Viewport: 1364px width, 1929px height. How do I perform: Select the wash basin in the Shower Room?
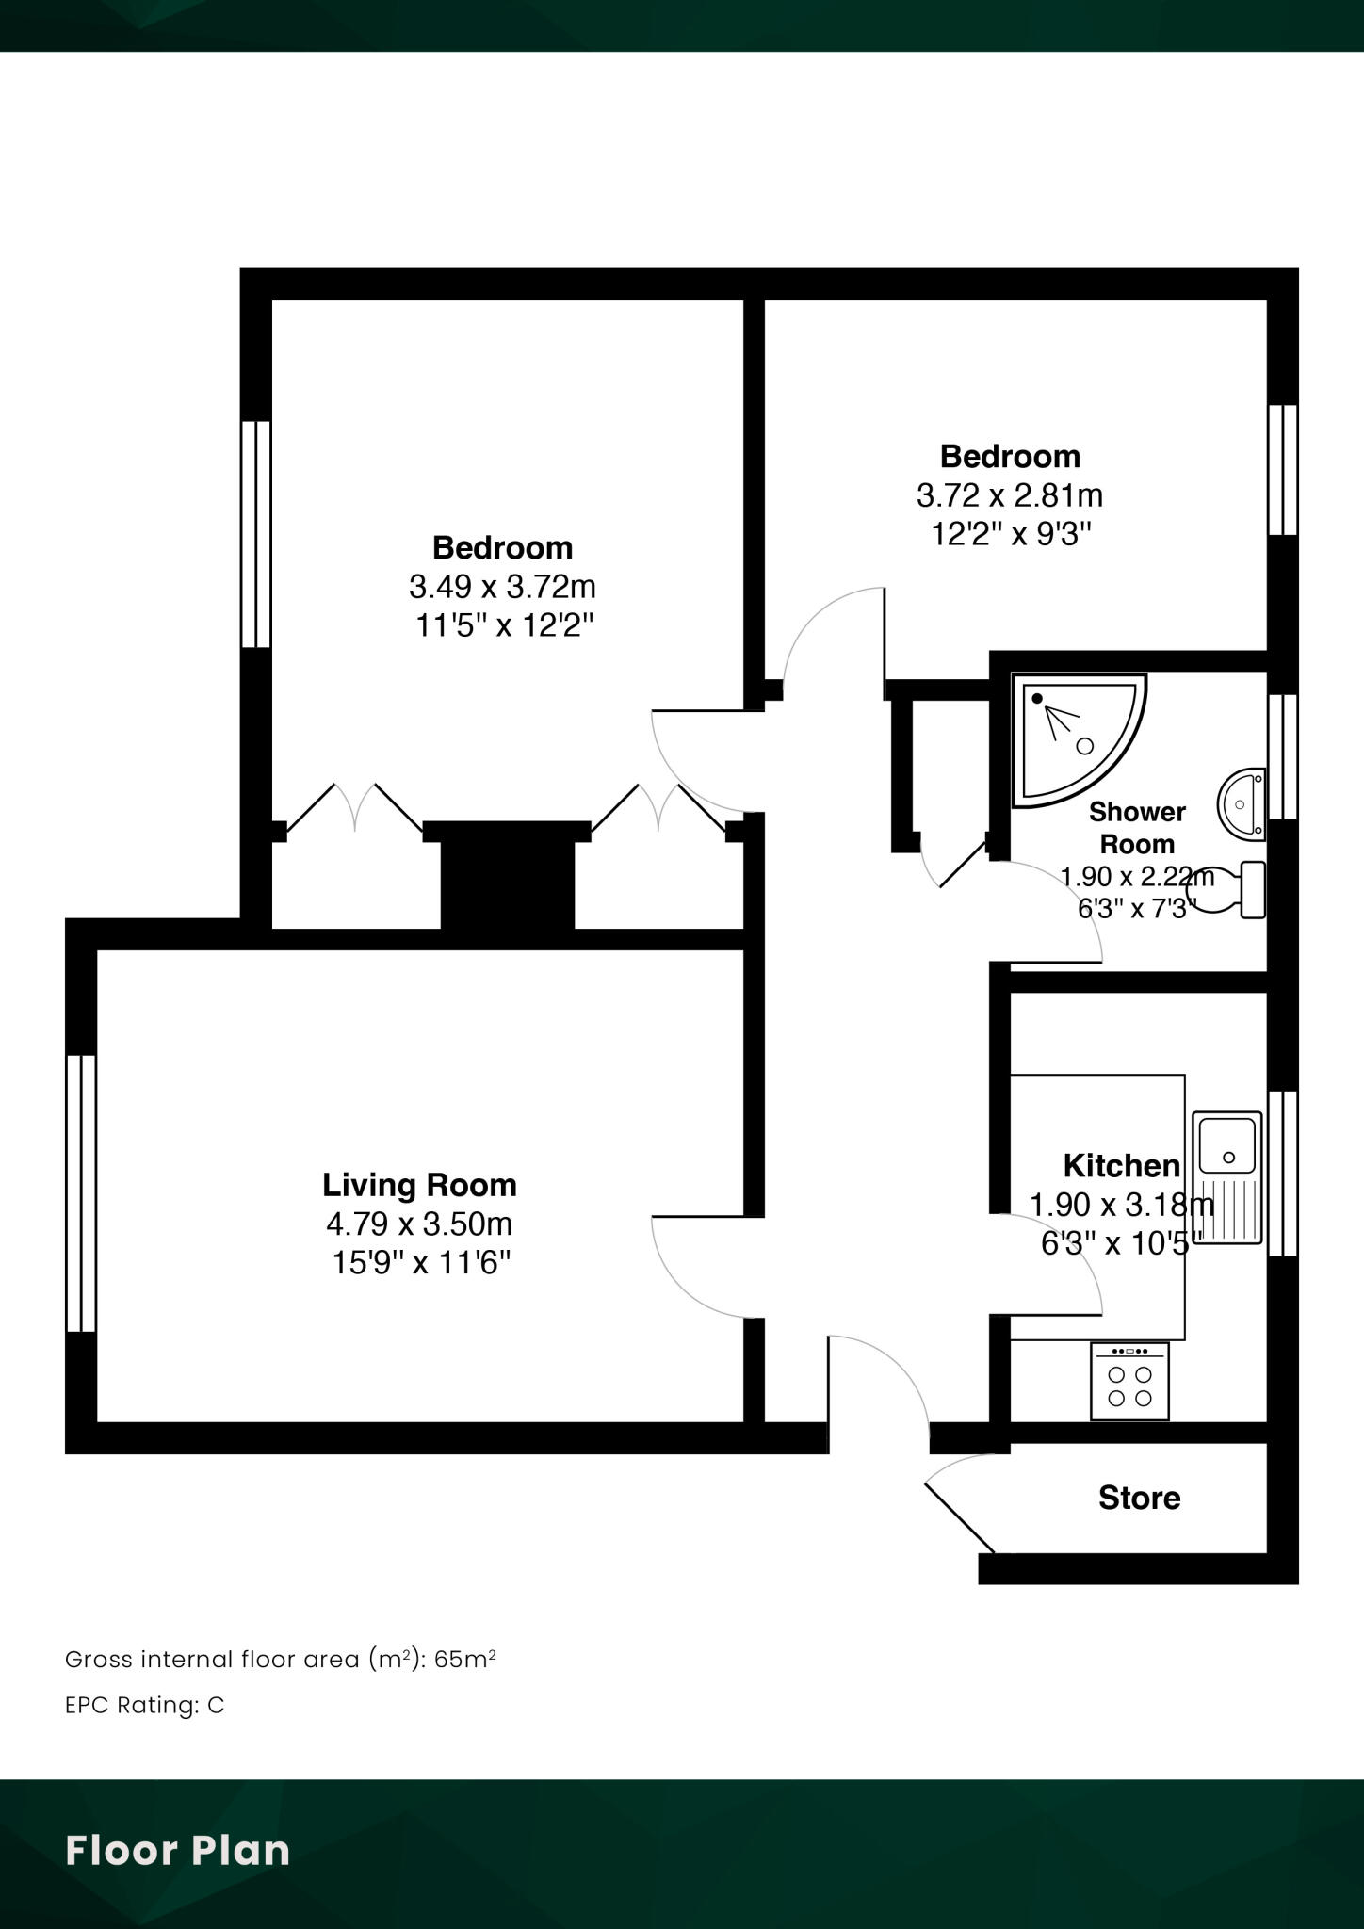click(1242, 804)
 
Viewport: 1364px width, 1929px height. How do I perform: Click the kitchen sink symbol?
click(1226, 1177)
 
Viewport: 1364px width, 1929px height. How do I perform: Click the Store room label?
click(1139, 1498)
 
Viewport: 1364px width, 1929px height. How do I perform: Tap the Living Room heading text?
click(419, 1184)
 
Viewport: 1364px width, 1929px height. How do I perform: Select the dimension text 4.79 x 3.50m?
click(419, 1224)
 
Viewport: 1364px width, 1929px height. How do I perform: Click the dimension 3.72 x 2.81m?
click(1009, 494)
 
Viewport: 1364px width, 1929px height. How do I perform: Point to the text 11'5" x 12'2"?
click(505, 624)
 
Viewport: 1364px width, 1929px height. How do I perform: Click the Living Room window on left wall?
click(81, 1192)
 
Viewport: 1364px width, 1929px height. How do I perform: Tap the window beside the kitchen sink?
click(1282, 1174)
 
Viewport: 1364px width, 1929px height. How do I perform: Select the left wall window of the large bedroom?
click(255, 534)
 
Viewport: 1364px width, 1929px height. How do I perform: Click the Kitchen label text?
click(1121, 1165)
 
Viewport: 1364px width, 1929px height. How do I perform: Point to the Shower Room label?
click(1137, 827)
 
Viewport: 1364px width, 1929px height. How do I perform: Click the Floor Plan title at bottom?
click(177, 1850)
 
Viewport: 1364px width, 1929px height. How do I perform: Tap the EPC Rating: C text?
click(144, 1705)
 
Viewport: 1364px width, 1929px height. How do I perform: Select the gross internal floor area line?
click(280, 1659)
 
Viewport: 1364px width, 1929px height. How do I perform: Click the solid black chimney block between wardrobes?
click(508, 881)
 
